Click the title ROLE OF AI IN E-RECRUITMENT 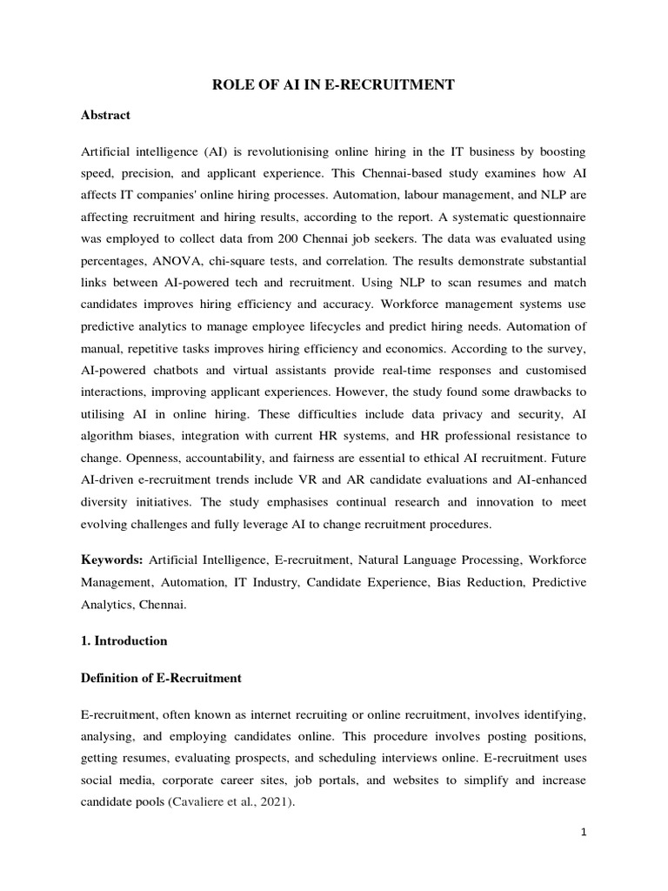pos(334,84)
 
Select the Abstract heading pos(105,115)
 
